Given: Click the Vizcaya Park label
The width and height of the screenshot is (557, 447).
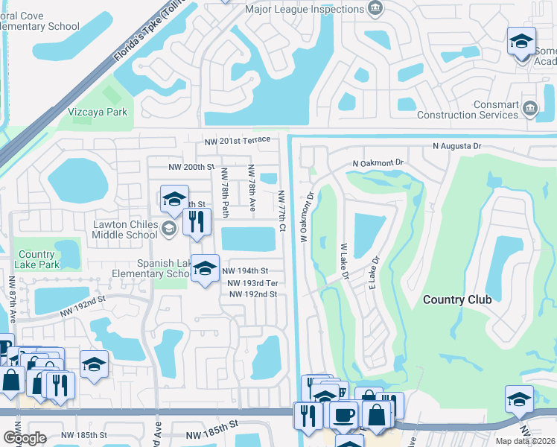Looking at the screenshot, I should point(98,112).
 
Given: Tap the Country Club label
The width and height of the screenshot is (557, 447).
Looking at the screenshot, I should point(457,299).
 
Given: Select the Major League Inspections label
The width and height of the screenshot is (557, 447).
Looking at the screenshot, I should point(305,10).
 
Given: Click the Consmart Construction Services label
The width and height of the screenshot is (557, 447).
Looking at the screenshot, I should point(468,110).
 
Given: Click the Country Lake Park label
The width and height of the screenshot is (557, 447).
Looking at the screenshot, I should point(38,259).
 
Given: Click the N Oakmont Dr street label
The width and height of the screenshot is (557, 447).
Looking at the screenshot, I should point(378,162).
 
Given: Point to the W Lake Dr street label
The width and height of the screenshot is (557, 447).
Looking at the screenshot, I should point(345,260).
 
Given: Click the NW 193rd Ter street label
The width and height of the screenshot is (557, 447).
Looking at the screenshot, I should point(252,283).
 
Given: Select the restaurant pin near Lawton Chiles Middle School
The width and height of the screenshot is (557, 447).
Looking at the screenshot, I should point(197,222).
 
